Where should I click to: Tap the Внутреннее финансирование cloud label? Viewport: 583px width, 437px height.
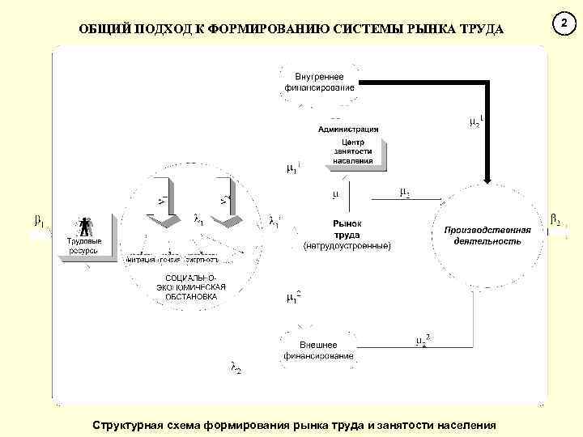319,81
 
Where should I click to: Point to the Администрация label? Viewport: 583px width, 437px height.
348,129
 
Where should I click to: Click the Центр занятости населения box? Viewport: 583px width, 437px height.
353,151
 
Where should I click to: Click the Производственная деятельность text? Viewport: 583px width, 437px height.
487,235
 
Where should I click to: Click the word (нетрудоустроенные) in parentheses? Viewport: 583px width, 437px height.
347,245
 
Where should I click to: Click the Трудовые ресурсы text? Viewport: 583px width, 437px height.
83,246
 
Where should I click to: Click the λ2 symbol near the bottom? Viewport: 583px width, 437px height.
236,369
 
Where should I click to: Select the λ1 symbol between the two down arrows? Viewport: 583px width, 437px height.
198,218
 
